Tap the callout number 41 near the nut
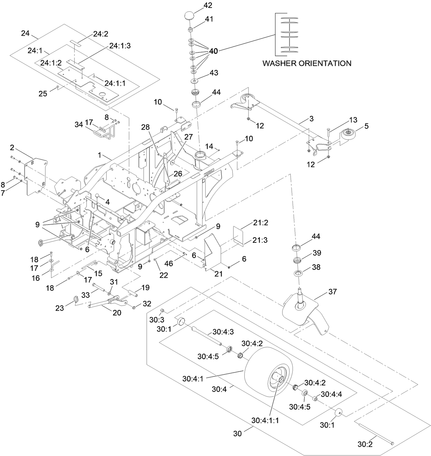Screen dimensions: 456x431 click(x=209, y=19)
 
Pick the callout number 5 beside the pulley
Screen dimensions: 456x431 click(x=366, y=126)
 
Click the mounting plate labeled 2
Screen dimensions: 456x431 click(x=37, y=175)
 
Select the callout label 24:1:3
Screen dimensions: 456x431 click(x=120, y=46)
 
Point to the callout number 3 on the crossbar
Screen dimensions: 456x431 click(x=311, y=119)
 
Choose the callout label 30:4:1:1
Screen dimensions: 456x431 click(x=265, y=420)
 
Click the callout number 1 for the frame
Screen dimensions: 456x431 click(x=100, y=155)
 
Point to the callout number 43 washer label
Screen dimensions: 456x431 click(x=214, y=73)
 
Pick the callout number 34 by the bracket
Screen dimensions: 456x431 click(x=79, y=125)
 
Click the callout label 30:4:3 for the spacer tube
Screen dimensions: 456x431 click(x=223, y=332)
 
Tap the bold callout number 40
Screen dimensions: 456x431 click(x=213, y=51)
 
